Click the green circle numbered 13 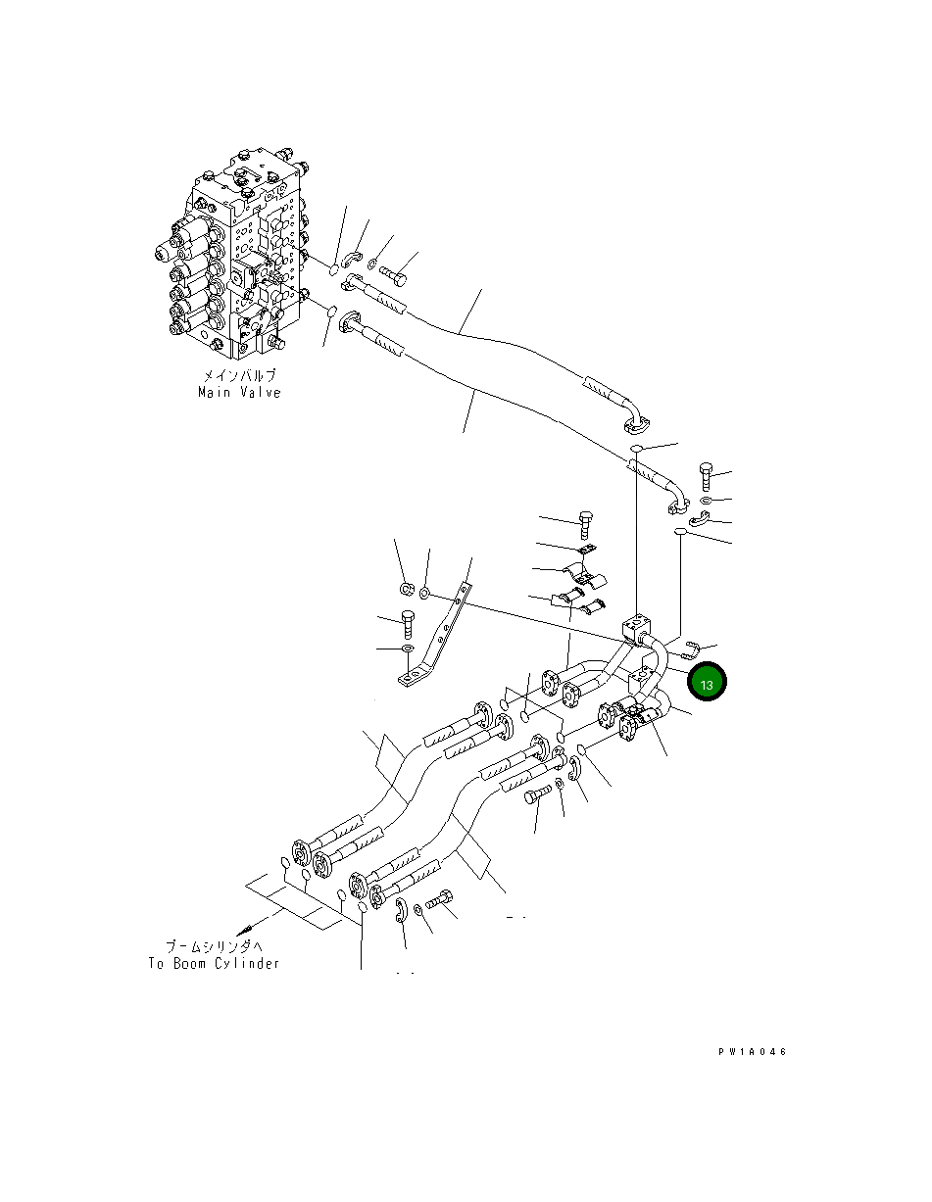tap(706, 683)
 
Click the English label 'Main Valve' tap(238, 392)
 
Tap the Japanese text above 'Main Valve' tap(238, 375)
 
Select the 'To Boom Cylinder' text tap(214, 963)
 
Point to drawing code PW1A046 tap(752, 1052)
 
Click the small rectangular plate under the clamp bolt tap(586, 553)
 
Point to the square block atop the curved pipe tap(634, 624)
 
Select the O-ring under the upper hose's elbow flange tap(636, 448)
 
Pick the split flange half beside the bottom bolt tap(400, 911)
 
